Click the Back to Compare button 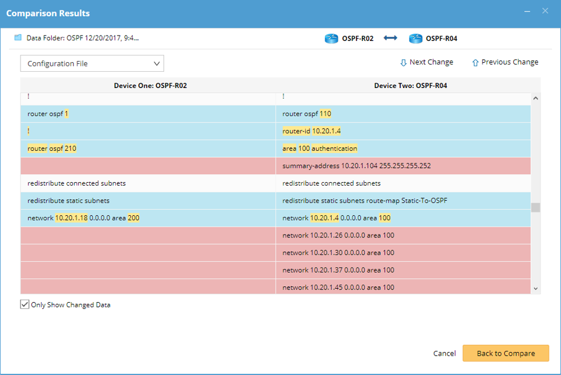pyautogui.click(x=506, y=353)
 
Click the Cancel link pyautogui.click(x=445, y=353)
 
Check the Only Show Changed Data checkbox pyautogui.click(x=25, y=304)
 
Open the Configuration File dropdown pyautogui.click(x=92, y=63)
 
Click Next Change pyautogui.click(x=426, y=62)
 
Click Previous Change pyautogui.click(x=505, y=62)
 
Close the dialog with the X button pyautogui.click(x=545, y=11)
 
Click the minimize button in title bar pyautogui.click(x=527, y=11)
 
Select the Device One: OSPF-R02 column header pyautogui.click(x=150, y=86)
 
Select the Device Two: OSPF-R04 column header pyautogui.click(x=410, y=86)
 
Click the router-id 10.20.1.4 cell pyautogui.click(x=312, y=131)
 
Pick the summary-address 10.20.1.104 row pyautogui.click(x=357, y=166)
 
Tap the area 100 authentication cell pyautogui.click(x=320, y=148)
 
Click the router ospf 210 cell pyautogui.click(x=52, y=148)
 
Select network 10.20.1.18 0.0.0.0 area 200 pyautogui.click(x=84, y=218)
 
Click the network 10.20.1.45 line pyautogui.click(x=338, y=288)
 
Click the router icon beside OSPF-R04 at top pyautogui.click(x=416, y=39)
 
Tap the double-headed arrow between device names pyautogui.click(x=391, y=39)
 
